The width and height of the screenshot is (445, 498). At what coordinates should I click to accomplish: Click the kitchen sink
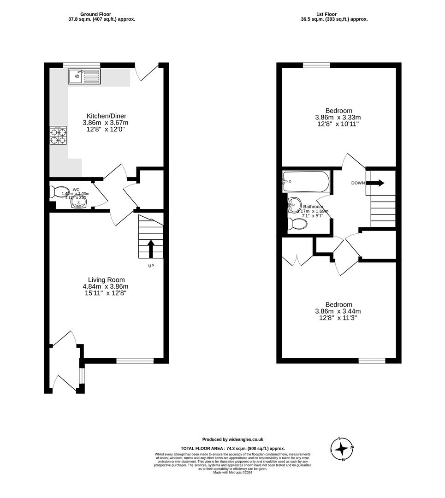84,77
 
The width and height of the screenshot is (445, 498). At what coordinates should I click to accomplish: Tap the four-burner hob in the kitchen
58,136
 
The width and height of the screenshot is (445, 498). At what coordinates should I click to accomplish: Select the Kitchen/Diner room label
107,116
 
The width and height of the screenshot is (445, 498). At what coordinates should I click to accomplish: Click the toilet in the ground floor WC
57,191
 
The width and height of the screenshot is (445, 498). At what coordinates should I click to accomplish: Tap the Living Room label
106,280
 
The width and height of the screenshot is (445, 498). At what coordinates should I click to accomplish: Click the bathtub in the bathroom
306,182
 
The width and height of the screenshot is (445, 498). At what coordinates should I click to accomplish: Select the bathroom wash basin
294,206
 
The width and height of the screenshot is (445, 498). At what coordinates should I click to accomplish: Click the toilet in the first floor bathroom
297,224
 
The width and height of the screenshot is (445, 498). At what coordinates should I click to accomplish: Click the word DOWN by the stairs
358,183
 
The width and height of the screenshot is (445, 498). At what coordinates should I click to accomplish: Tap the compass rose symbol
342,449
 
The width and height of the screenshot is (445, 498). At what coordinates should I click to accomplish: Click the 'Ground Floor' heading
95,14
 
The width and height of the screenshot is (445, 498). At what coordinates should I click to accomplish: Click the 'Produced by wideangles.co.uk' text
232,439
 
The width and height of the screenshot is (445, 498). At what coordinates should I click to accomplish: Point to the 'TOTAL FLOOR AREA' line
232,448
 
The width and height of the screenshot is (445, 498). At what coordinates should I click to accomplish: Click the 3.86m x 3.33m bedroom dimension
338,117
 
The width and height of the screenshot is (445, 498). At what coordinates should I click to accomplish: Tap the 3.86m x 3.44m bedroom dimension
338,311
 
